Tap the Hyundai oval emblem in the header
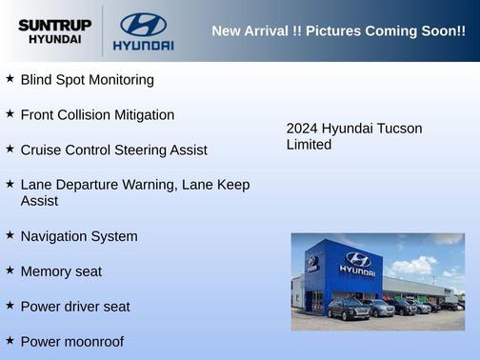143,24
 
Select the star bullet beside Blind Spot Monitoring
10,78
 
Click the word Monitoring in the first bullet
120,80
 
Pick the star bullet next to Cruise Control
10,149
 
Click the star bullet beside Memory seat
10,270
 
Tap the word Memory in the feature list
48,271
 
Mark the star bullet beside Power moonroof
10,340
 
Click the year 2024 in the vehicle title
302,129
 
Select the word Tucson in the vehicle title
399,129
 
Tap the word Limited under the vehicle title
309,145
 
